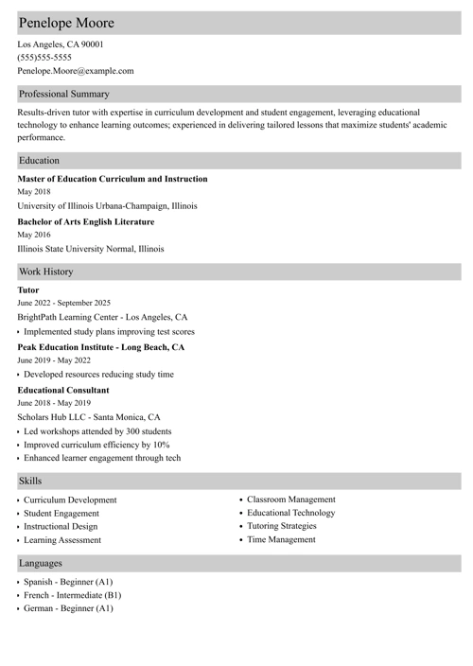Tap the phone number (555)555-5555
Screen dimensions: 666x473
[44, 57]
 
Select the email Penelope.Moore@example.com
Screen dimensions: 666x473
[76, 71]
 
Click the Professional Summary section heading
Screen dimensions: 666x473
[64, 94]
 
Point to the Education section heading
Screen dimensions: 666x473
[39, 161]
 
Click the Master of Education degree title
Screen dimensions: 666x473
[113, 179]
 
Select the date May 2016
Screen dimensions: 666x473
[34, 235]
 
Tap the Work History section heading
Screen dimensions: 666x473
[46, 272]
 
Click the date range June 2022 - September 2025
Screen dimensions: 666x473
[64, 303]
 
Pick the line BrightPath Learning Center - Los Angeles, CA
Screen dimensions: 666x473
[102, 318]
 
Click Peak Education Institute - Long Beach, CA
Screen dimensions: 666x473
[101, 347]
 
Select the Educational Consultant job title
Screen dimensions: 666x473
[63, 390]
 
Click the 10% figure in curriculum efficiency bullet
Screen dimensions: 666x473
[161, 445]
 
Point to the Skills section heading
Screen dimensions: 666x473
[30, 482]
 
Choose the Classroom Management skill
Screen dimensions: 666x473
[291, 499]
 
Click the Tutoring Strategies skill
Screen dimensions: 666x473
[282, 526]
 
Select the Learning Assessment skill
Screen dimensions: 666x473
[62, 540]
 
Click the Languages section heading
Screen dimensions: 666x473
[41, 563]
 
